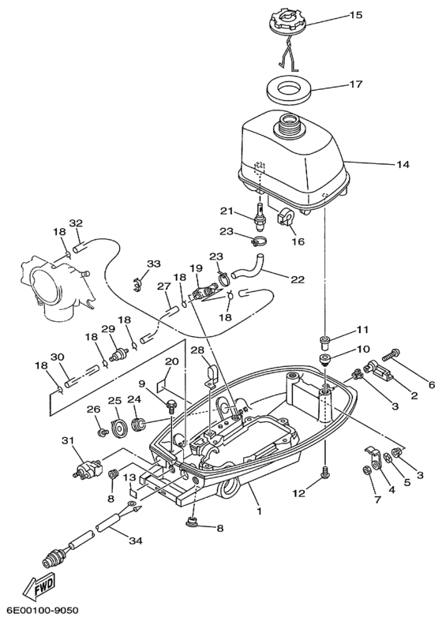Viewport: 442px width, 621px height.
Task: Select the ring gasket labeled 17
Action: (x=291, y=89)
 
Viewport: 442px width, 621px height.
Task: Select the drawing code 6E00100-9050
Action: (x=43, y=612)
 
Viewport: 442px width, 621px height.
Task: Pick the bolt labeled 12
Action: (x=324, y=471)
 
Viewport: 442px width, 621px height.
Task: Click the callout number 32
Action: (x=76, y=223)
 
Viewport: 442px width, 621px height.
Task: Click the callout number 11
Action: (x=362, y=329)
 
